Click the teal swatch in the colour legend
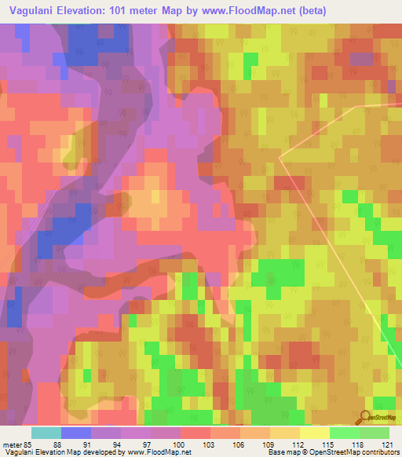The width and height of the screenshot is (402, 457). click(46, 433)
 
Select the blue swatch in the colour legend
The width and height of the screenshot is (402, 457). click(76, 433)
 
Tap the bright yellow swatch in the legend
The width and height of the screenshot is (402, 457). click(315, 433)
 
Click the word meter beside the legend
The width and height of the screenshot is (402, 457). click(16, 444)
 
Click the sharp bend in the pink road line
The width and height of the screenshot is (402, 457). click(280, 156)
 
